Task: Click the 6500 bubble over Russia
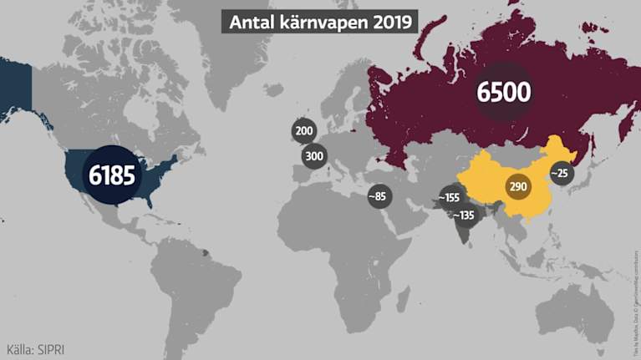tap(504, 91)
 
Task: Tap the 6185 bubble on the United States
tap(112, 176)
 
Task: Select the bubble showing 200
tap(303, 131)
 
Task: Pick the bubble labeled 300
tap(314, 155)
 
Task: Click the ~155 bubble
tap(450, 198)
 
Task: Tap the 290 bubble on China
tap(517, 186)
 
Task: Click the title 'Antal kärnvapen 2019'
tap(320, 22)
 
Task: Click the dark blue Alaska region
tap(15, 88)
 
